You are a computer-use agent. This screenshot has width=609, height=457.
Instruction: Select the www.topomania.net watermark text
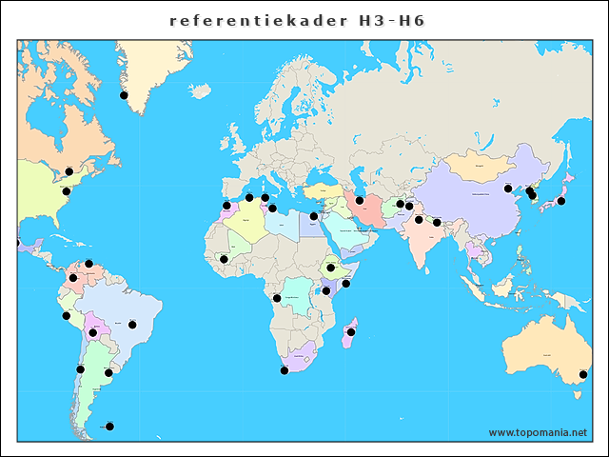point(538,432)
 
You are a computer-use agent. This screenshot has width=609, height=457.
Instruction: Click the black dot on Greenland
point(124,95)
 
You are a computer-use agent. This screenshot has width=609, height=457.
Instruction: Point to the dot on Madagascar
point(351,332)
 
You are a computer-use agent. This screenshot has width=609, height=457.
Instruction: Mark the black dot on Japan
point(561,201)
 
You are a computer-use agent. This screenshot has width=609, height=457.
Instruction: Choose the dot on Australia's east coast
point(583,375)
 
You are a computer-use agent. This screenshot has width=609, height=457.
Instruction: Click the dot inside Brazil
point(132,325)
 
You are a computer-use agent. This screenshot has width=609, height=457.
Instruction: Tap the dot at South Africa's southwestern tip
point(284,370)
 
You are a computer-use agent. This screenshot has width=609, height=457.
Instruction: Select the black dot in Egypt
point(314,216)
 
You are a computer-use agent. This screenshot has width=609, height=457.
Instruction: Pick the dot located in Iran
point(360,201)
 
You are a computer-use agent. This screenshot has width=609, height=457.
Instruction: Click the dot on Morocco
point(226,206)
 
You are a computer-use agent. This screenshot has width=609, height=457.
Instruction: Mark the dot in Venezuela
point(88,264)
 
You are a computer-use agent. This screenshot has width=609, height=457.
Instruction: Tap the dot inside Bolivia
point(92,333)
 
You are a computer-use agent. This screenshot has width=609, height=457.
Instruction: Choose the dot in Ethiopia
point(330,268)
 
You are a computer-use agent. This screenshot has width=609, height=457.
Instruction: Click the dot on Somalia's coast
point(346,284)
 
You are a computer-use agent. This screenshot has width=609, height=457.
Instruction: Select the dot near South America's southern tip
point(109,426)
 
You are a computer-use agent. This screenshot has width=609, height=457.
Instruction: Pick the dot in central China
point(507,188)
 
